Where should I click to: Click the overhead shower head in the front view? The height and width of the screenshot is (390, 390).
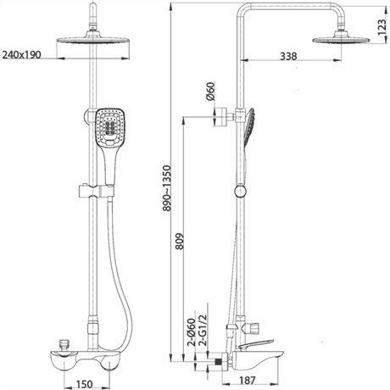coord(90,42)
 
